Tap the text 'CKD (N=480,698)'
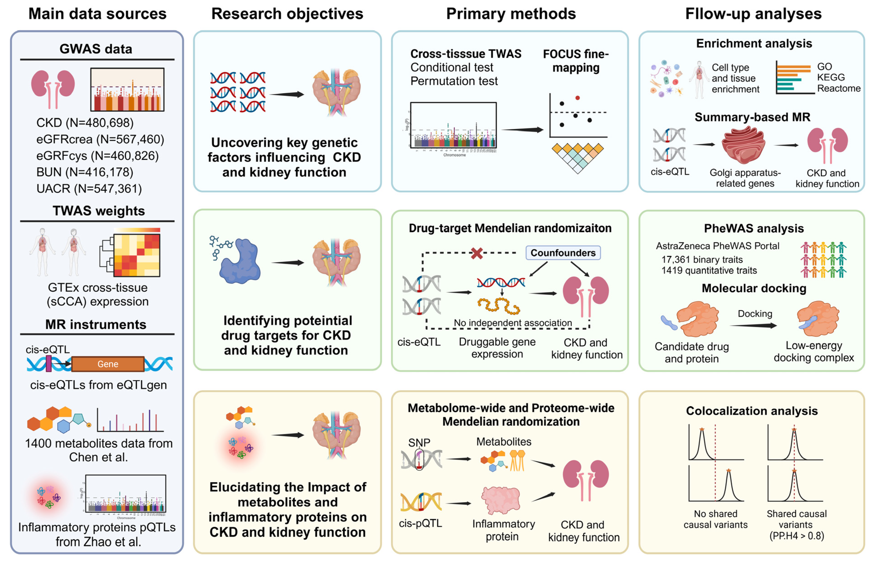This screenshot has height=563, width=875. click(x=85, y=123)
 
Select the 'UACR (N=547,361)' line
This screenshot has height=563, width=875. click(x=89, y=189)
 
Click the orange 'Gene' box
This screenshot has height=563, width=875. click(x=108, y=364)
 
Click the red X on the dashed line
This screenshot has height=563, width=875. click(x=476, y=253)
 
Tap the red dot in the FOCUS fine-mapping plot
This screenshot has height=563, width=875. click(x=577, y=98)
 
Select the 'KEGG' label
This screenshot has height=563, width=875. click(x=831, y=78)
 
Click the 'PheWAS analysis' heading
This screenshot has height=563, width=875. click(x=754, y=228)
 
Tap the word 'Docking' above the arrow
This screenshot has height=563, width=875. click(x=755, y=314)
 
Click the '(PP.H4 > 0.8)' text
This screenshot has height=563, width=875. click(x=796, y=536)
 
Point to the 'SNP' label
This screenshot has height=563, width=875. click(x=419, y=443)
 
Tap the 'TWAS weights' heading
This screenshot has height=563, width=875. click(x=99, y=211)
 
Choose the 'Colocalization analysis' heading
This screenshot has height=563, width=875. click(x=752, y=411)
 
